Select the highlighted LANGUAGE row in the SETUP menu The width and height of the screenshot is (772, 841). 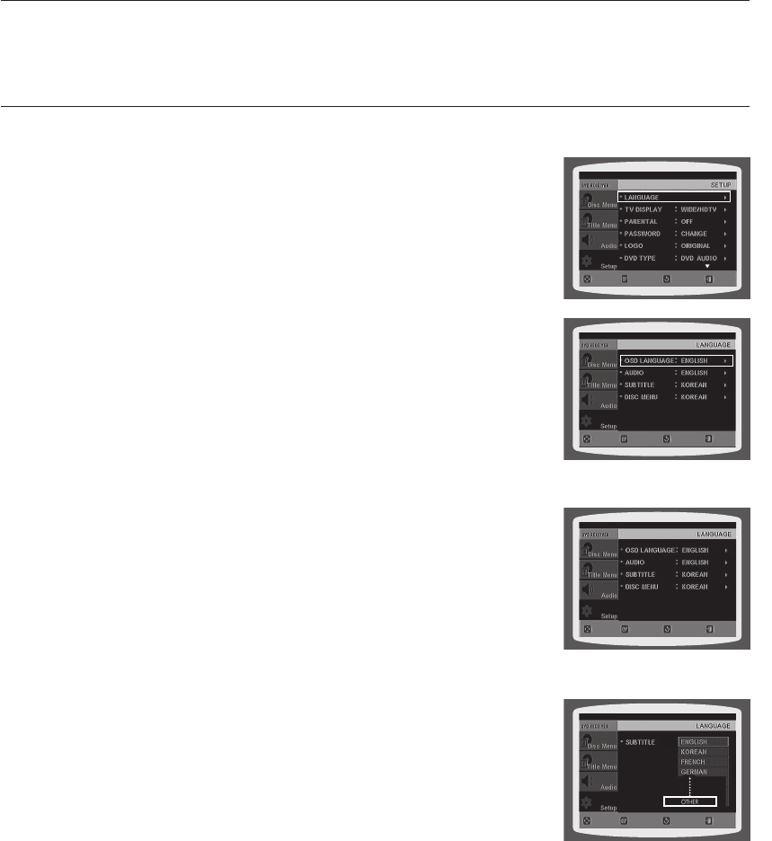[x=673, y=196]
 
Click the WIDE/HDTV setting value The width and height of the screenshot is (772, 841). [x=698, y=209]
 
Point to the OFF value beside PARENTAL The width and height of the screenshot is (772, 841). [x=687, y=222]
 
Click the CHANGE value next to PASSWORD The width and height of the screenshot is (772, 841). [x=694, y=234]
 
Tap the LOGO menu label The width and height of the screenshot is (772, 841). [x=632, y=246]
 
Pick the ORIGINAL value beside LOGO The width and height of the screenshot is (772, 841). [x=696, y=246]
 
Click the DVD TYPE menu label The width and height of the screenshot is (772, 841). [x=639, y=259]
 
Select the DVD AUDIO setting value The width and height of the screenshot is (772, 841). [x=698, y=259]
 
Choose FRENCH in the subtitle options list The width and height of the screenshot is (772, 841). [x=693, y=762]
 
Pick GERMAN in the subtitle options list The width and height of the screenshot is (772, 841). [x=693, y=772]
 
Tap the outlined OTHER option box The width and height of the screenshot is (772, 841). [x=690, y=801]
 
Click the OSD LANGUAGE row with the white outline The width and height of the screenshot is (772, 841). [x=675, y=360]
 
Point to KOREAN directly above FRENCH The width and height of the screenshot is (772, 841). [x=693, y=752]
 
